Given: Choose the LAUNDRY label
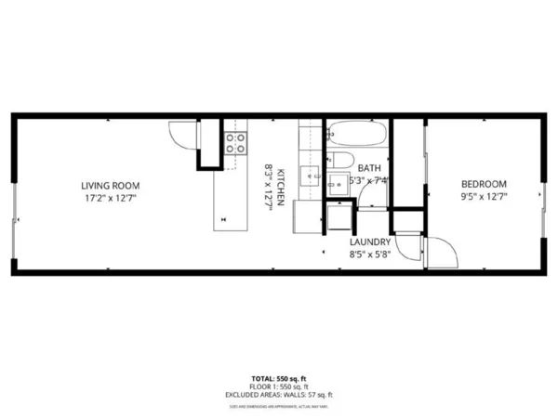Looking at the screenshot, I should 357,242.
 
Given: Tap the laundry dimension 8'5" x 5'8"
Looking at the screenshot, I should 357,253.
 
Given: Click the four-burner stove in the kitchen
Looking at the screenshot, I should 235,143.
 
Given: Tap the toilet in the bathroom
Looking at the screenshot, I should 342,160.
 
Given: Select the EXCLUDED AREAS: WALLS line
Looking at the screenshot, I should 279,397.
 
